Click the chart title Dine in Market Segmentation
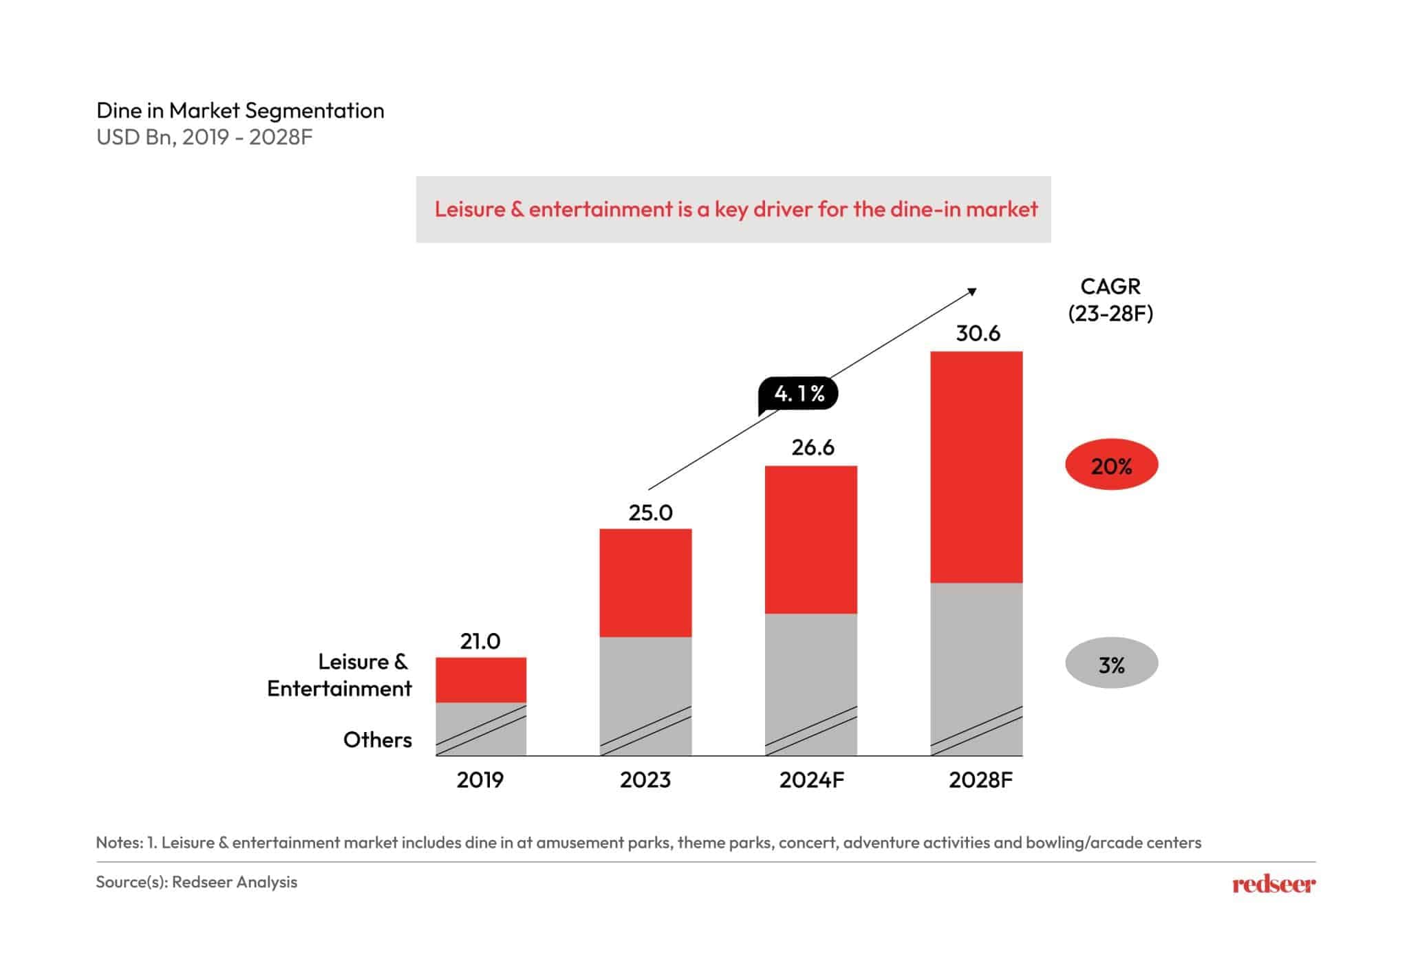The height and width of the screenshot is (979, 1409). point(240,111)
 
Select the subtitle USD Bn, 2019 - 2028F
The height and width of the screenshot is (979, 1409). point(204,138)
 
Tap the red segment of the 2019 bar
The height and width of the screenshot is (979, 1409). point(481,680)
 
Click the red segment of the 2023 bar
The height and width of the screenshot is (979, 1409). point(645,583)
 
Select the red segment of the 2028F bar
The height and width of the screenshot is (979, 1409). point(976,467)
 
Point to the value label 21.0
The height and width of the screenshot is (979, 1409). point(480,641)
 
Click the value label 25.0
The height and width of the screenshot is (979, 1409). point(650,513)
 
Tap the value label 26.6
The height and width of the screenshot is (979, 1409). point(813,448)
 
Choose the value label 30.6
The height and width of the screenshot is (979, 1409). point(978,334)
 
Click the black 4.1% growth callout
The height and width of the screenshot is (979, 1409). point(798,394)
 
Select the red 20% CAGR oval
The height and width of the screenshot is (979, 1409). point(1111,466)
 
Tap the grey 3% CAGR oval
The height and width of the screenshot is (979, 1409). point(1111,664)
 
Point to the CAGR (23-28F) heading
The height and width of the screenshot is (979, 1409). point(1110,300)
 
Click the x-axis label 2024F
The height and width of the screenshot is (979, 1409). point(811,780)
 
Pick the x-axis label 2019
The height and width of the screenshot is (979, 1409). point(480,780)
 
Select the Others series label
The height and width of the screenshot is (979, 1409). point(377,740)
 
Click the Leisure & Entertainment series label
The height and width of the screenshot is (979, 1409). point(340,675)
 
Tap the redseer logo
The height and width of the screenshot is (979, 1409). point(1273,884)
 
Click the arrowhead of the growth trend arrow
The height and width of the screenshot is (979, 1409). point(973,292)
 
